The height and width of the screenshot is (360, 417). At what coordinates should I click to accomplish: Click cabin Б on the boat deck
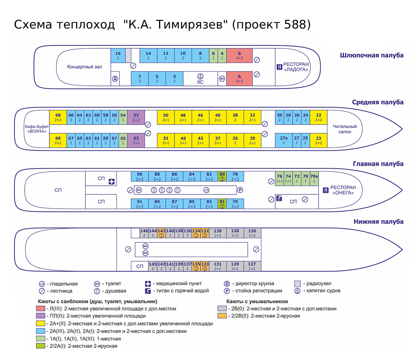point(239,56)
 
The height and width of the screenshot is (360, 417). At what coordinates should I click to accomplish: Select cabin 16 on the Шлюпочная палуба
point(118,56)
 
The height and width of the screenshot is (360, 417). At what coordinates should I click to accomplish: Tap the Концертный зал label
point(84,67)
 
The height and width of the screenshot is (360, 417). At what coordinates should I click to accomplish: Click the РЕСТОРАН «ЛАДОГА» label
point(296,67)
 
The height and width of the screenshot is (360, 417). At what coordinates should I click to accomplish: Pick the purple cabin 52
point(136,117)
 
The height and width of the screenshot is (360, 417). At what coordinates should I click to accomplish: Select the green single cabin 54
point(123,117)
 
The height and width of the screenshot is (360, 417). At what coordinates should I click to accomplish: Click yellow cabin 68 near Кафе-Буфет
point(58,117)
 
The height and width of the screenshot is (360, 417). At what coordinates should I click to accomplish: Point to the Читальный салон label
point(344,129)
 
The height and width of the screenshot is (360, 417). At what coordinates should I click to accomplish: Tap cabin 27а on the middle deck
point(284,140)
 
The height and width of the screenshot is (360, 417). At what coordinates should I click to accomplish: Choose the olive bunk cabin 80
point(222,176)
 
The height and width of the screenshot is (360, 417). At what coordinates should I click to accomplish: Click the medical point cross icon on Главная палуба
point(112,182)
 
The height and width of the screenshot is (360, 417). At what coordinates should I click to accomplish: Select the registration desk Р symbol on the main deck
point(240,190)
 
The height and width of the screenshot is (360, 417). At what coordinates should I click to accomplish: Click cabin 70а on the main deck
point(314,178)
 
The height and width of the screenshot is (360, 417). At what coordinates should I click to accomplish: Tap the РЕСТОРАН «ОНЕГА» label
point(343,190)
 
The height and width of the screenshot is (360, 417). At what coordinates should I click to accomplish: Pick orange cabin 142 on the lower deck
point(161,233)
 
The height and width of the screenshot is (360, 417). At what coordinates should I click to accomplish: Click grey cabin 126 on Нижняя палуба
point(252,233)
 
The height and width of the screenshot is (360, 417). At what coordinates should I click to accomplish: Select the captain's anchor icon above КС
point(200,76)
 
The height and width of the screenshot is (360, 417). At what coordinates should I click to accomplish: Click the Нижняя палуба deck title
point(378,222)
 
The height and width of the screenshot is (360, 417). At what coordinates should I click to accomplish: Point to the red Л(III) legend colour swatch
point(41,309)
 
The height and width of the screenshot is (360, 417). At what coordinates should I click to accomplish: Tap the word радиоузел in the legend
point(319,283)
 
